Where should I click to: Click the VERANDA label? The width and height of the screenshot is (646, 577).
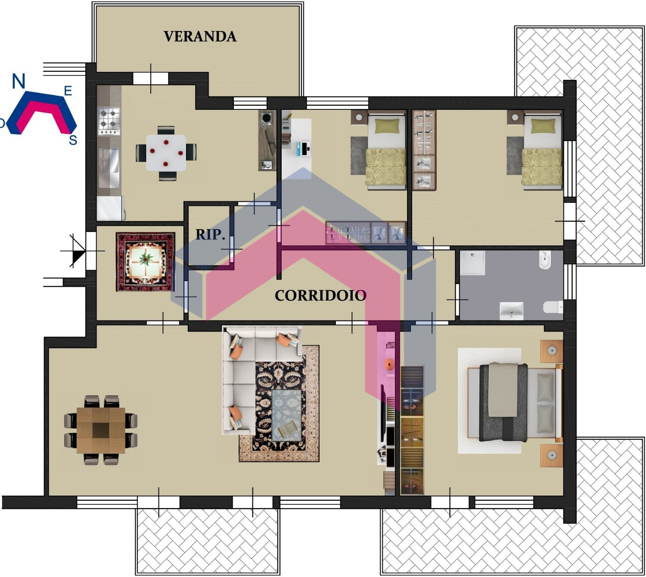tap(200, 37)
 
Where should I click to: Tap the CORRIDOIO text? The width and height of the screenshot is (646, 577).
tap(320, 296)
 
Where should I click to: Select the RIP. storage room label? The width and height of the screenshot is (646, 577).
tap(210, 235)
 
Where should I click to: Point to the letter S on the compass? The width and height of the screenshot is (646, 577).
tap(73, 140)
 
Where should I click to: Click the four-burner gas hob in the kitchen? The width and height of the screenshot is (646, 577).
tap(109, 121)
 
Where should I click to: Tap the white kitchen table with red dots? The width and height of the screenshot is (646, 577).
tap(166, 153)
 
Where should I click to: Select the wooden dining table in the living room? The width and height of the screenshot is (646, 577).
tap(101, 430)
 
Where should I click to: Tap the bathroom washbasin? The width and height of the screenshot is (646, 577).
tap(511, 310)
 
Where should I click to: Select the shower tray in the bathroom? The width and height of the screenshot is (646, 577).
tap(472, 263)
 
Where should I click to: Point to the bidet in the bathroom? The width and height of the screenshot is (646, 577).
tap(545, 260)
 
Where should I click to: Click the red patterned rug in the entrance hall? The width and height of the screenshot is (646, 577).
tap(146, 262)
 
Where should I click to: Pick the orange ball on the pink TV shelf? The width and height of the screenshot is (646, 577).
tap(389, 364)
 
